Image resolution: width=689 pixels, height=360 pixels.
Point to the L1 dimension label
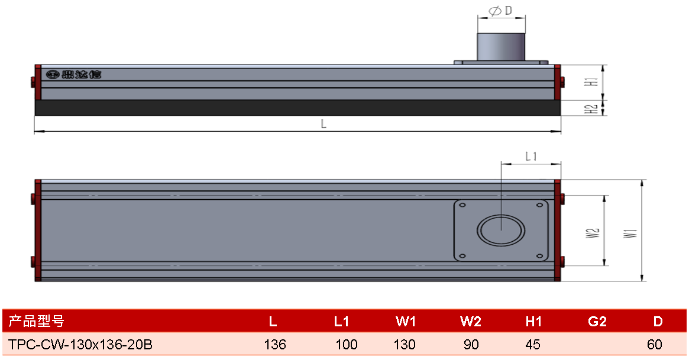point(531,156)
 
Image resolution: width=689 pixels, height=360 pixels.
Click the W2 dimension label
point(593,233)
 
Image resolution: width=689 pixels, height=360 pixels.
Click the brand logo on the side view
point(74,74)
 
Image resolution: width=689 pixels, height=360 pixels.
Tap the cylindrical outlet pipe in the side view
point(501,47)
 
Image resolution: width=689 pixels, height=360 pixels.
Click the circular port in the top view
point(501,230)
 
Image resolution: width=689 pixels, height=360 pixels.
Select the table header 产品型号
point(37,322)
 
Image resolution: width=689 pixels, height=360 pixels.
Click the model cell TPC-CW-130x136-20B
point(80,345)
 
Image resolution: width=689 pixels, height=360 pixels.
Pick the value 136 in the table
point(275,345)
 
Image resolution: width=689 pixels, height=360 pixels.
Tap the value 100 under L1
point(346,345)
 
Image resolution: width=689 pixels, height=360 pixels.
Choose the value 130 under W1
point(405,345)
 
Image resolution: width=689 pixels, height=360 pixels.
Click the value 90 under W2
point(471,345)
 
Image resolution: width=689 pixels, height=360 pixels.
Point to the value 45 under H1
point(533,345)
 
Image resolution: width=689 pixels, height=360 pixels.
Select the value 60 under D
point(655,345)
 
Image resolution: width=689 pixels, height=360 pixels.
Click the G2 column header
point(597,322)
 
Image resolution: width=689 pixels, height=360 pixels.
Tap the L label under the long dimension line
point(324,124)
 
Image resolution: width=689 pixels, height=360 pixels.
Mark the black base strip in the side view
point(297,108)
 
